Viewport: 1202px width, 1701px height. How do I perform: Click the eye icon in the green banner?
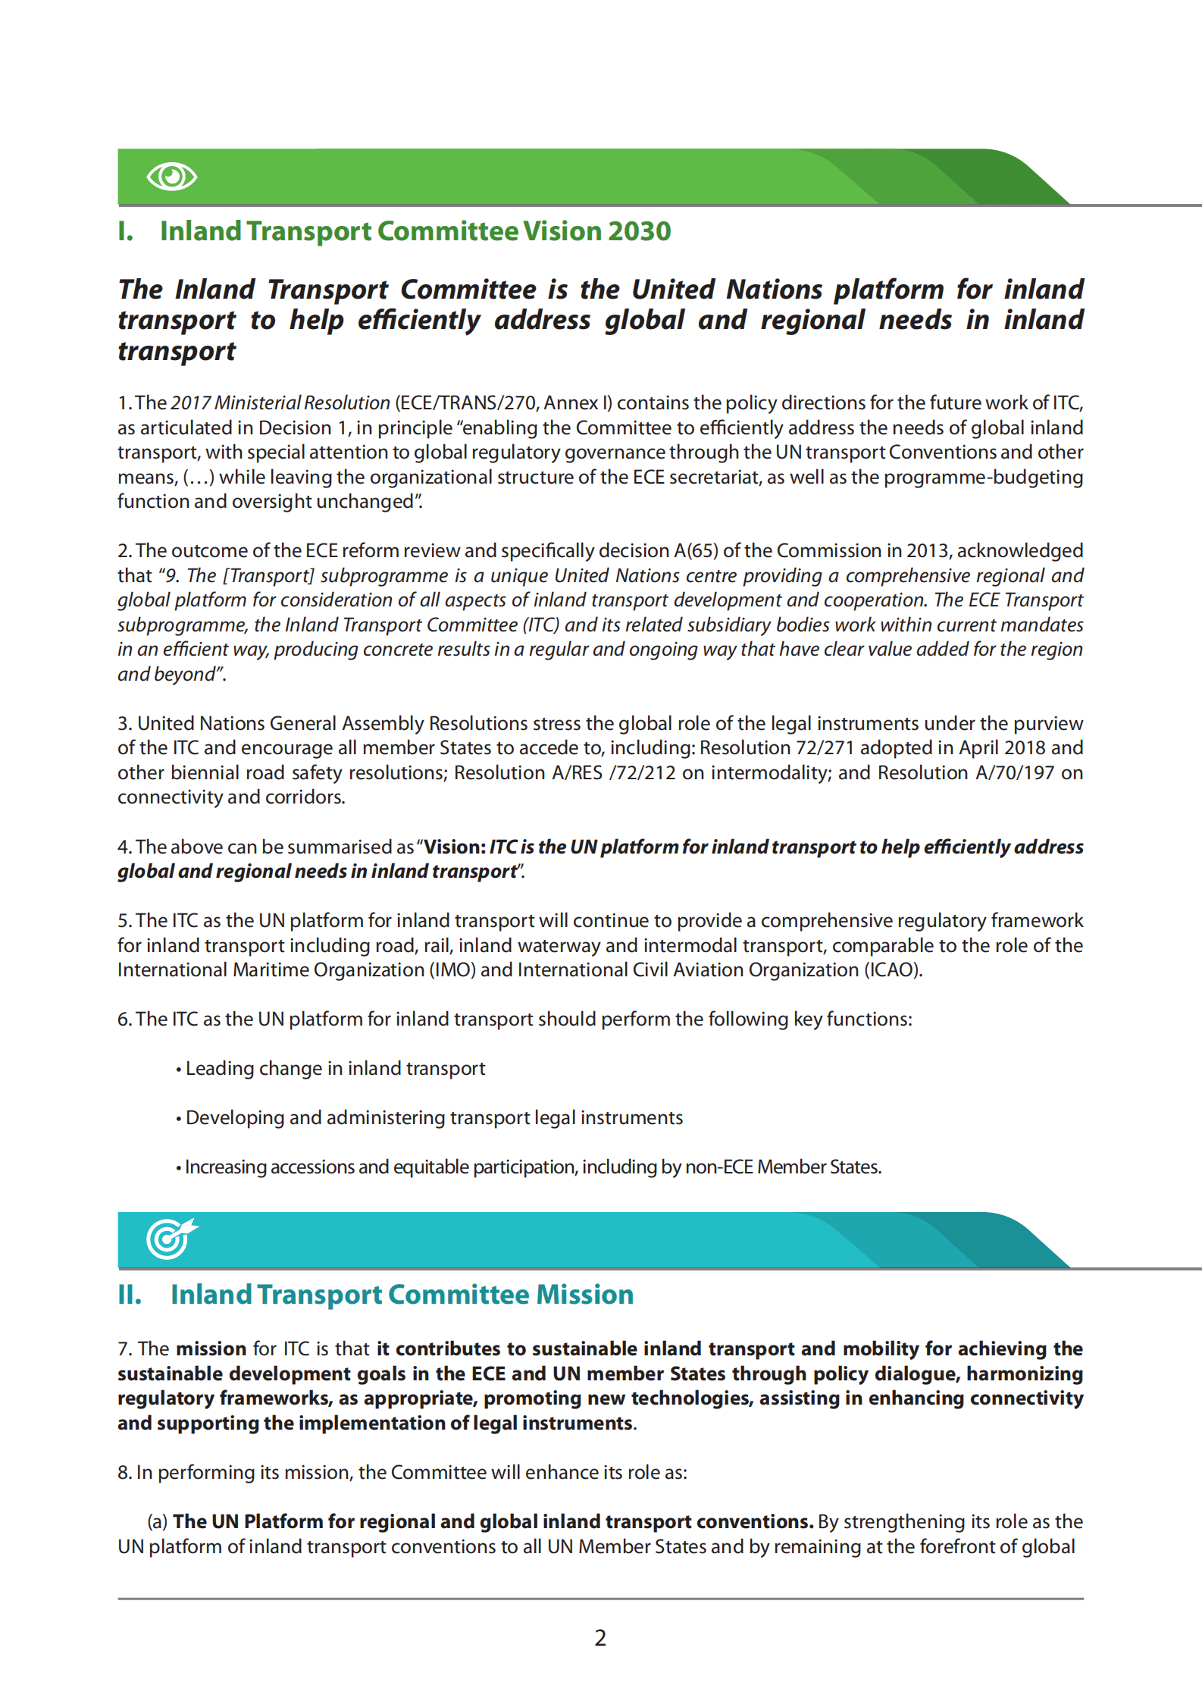(172, 177)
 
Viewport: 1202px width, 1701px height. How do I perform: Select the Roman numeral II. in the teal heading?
(130, 1295)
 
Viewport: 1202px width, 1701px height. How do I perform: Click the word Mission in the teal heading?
(584, 1295)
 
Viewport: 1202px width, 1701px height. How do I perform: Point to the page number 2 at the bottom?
(600, 1638)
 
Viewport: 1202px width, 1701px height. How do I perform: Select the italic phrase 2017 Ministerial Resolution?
(280, 403)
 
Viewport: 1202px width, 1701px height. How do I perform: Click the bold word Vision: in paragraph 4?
(454, 847)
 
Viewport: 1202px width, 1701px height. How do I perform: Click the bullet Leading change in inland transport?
(335, 1069)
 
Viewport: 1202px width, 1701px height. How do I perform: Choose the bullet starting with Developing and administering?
(434, 1118)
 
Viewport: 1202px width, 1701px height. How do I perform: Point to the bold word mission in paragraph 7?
(211, 1349)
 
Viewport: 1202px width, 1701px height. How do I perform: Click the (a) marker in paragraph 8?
(158, 1522)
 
